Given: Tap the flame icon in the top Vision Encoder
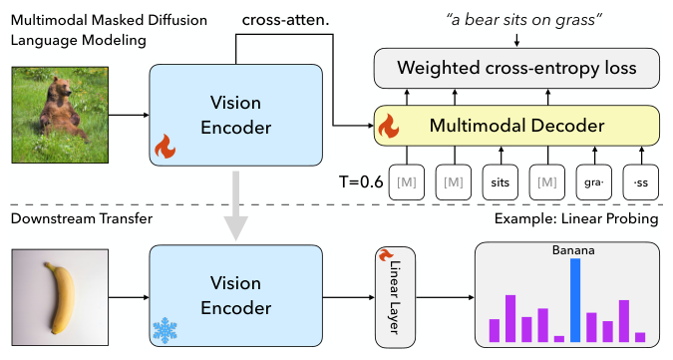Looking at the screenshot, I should click(x=164, y=150).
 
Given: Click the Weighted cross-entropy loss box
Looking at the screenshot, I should click(x=517, y=69).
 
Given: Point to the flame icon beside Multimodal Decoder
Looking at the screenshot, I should click(x=388, y=126).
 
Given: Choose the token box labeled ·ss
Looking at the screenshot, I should click(x=638, y=183).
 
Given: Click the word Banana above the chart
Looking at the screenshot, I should click(x=573, y=250).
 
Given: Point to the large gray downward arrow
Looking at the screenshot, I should click(x=235, y=203).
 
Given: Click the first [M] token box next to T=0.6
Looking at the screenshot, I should click(x=405, y=183).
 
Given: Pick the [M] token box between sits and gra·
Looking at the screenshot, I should click(x=547, y=183).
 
